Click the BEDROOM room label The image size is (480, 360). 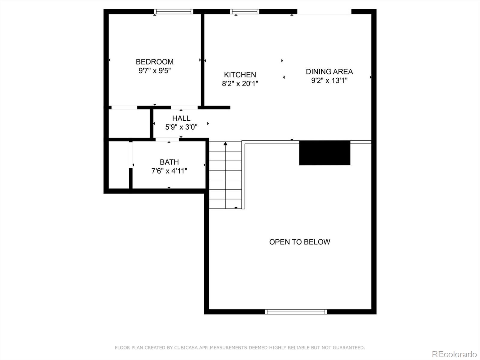[x=154, y=62]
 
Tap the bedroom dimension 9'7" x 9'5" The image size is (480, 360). [x=154, y=71]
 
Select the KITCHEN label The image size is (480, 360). [x=240, y=75]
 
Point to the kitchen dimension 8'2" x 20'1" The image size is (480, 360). [x=240, y=83]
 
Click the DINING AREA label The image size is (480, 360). [x=329, y=72]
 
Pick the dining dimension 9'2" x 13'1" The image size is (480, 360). [x=329, y=80]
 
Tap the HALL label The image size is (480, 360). [x=181, y=118]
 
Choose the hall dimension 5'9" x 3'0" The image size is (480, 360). [x=181, y=127]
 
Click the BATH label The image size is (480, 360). [x=169, y=162]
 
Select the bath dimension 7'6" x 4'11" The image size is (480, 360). [x=169, y=171]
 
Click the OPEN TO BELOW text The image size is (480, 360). [x=300, y=242]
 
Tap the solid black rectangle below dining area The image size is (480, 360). [x=325, y=153]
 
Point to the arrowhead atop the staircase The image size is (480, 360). [x=226, y=143]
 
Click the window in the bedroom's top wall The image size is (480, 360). [x=174, y=12]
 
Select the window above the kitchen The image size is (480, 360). [x=244, y=12]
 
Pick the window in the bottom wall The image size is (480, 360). [x=296, y=312]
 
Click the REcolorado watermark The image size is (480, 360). [x=454, y=354]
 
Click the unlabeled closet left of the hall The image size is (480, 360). [x=129, y=124]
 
